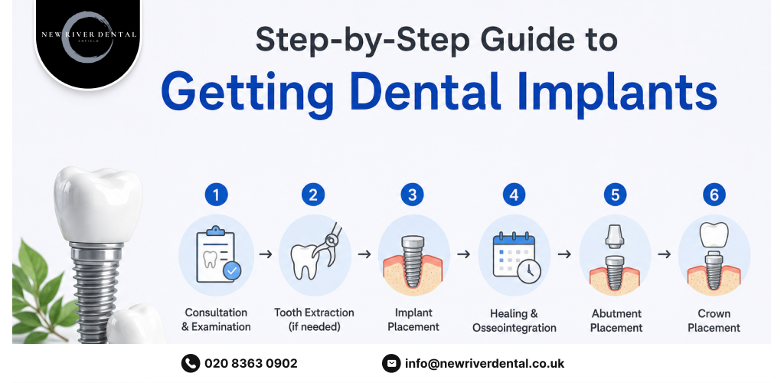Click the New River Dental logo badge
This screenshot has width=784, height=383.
pyautogui.click(x=88, y=42)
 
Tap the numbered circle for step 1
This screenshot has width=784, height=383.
pyautogui.click(x=216, y=195)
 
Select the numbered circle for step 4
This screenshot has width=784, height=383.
pyautogui.click(x=514, y=195)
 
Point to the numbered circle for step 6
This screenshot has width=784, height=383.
pyautogui.click(x=714, y=195)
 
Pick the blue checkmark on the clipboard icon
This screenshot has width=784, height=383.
pyautogui.click(x=231, y=271)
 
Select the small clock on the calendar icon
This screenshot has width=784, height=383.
pyautogui.click(x=529, y=271)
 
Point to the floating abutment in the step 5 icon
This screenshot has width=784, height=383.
pyautogui.click(x=615, y=236)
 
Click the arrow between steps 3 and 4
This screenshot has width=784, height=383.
pyautogui.click(x=463, y=254)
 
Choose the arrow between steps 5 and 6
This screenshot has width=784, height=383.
pyautogui.click(x=664, y=254)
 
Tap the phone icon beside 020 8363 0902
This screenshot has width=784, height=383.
pyautogui.click(x=191, y=364)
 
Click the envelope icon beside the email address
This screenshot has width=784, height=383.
pyautogui.click(x=391, y=364)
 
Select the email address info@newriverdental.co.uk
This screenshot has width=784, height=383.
pyautogui.click(x=485, y=364)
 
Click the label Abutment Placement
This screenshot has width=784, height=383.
pyautogui.click(x=616, y=320)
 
